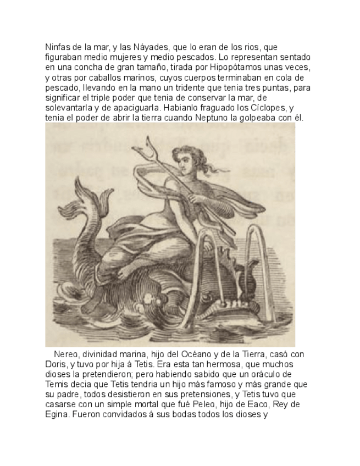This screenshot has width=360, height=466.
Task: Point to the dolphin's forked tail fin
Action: coord(77,203)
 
